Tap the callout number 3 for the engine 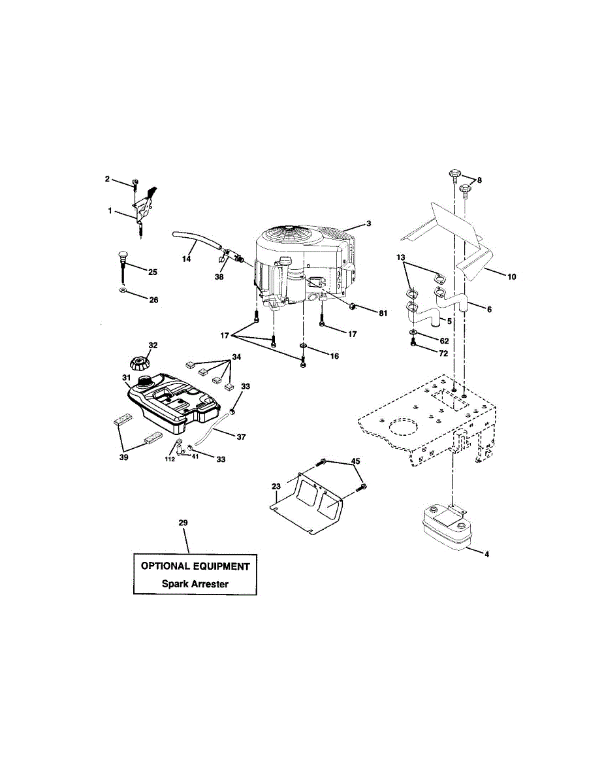pyautogui.click(x=368, y=223)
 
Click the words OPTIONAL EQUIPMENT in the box pyautogui.click(x=195, y=566)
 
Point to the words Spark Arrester pyautogui.click(x=195, y=584)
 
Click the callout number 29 pyautogui.click(x=183, y=523)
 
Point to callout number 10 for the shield pyautogui.click(x=511, y=277)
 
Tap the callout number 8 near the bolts pyautogui.click(x=479, y=180)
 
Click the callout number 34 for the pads pyautogui.click(x=235, y=357)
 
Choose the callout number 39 pyautogui.click(x=123, y=457)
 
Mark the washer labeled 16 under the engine pyautogui.click(x=303, y=346)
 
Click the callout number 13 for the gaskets pyautogui.click(x=400, y=258)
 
